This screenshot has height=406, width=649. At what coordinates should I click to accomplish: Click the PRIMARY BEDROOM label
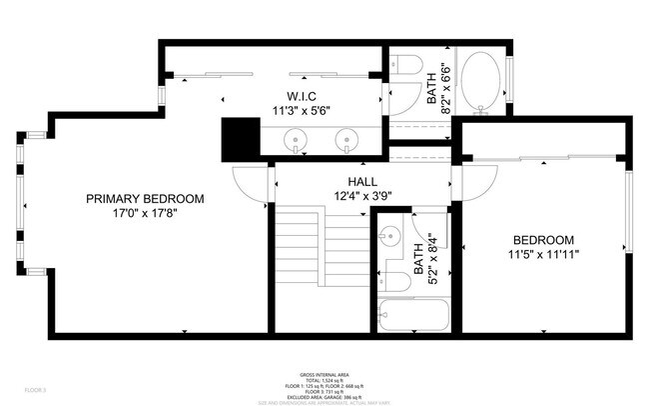145,199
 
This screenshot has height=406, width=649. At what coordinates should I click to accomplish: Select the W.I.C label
302,98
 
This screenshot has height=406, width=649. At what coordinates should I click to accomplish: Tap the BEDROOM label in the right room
543,240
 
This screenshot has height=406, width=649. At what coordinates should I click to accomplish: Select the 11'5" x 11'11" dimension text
543,255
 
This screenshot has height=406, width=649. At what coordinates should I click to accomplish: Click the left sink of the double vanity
299,140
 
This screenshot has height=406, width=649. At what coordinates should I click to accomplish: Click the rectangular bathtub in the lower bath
414,315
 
